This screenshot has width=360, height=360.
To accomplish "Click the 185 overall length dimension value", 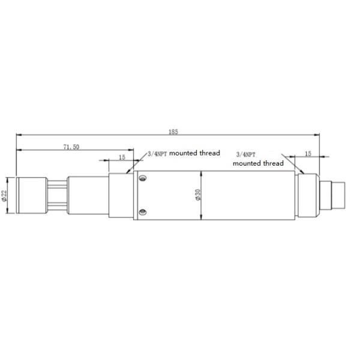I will click(x=174, y=131).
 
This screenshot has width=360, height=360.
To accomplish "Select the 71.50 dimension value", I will click(x=71, y=146).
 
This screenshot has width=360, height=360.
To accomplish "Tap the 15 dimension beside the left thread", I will click(x=122, y=157).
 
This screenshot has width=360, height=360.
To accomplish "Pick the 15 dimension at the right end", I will click(x=308, y=154).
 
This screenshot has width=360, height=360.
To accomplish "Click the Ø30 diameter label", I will click(x=198, y=195).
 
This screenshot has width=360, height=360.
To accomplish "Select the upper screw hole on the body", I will click(x=143, y=178).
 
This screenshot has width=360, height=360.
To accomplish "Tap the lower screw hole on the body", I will click(x=143, y=211).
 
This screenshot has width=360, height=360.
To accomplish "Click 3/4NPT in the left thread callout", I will click(x=157, y=154).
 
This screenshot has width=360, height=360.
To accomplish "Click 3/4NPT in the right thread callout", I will click(x=247, y=154).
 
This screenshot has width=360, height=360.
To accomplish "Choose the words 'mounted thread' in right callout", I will click(x=258, y=163).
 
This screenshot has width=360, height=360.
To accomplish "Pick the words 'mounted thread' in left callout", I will click(x=194, y=153).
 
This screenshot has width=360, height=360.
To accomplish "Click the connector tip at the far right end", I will click(x=340, y=195).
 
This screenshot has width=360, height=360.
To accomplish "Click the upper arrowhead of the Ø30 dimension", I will click(x=203, y=173).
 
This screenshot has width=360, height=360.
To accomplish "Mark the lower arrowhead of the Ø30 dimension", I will click(x=203, y=217).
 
